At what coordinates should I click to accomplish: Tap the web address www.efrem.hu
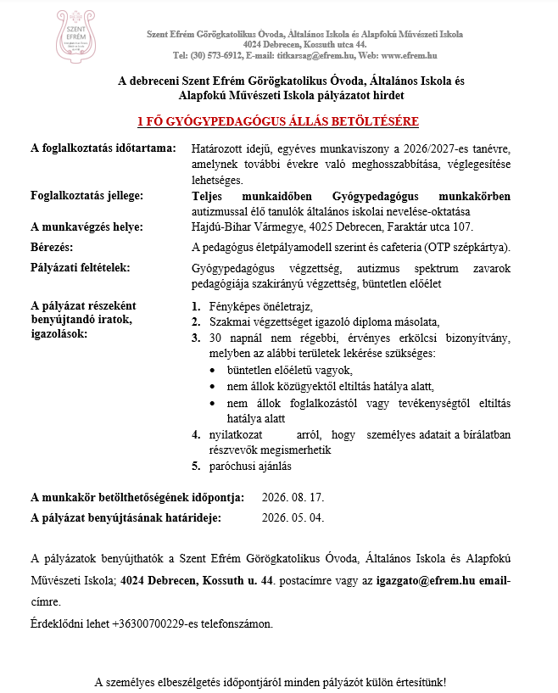pos(405,55)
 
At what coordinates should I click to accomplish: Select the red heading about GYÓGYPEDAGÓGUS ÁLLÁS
pos(279,120)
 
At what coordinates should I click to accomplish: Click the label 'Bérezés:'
pos(52,247)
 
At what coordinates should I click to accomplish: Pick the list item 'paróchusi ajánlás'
pos(250,466)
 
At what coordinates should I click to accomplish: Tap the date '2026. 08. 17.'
pos(293,497)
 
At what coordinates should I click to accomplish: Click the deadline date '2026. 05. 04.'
pos(293,517)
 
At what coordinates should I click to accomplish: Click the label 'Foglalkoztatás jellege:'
pos(86,196)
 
